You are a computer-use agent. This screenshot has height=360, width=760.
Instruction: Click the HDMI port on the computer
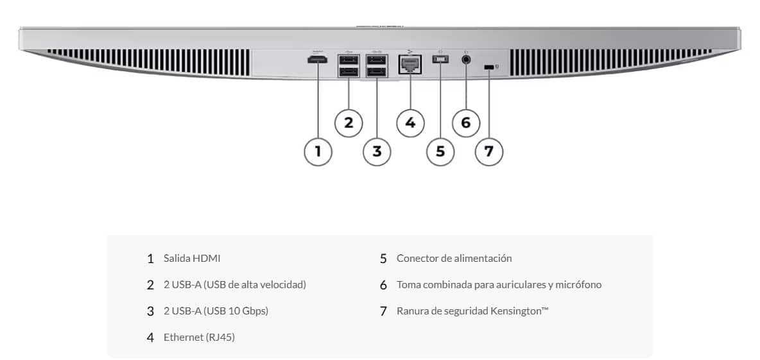coord(317,60)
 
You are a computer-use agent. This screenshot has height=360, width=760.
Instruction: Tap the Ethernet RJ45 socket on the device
coord(410,64)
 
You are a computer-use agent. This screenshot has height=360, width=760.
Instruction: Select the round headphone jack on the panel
coord(466,60)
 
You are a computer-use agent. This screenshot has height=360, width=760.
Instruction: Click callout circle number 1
coord(318,151)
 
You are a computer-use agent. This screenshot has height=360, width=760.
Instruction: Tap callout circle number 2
coord(349,123)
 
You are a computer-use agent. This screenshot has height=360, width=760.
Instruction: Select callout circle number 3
coord(377,151)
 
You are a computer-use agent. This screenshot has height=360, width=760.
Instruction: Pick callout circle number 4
coord(410,123)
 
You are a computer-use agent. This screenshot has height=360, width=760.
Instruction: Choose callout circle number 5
coord(440,151)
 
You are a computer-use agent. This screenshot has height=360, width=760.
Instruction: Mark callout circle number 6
coord(466,123)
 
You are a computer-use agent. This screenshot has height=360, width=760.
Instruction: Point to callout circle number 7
coord(488,151)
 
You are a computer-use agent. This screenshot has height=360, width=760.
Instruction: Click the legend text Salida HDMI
coord(192,258)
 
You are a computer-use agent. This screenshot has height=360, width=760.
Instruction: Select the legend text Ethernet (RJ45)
coord(199,338)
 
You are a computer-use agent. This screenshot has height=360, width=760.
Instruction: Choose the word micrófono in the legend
coord(581,285)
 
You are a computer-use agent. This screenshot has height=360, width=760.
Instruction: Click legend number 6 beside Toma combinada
coord(383,286)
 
